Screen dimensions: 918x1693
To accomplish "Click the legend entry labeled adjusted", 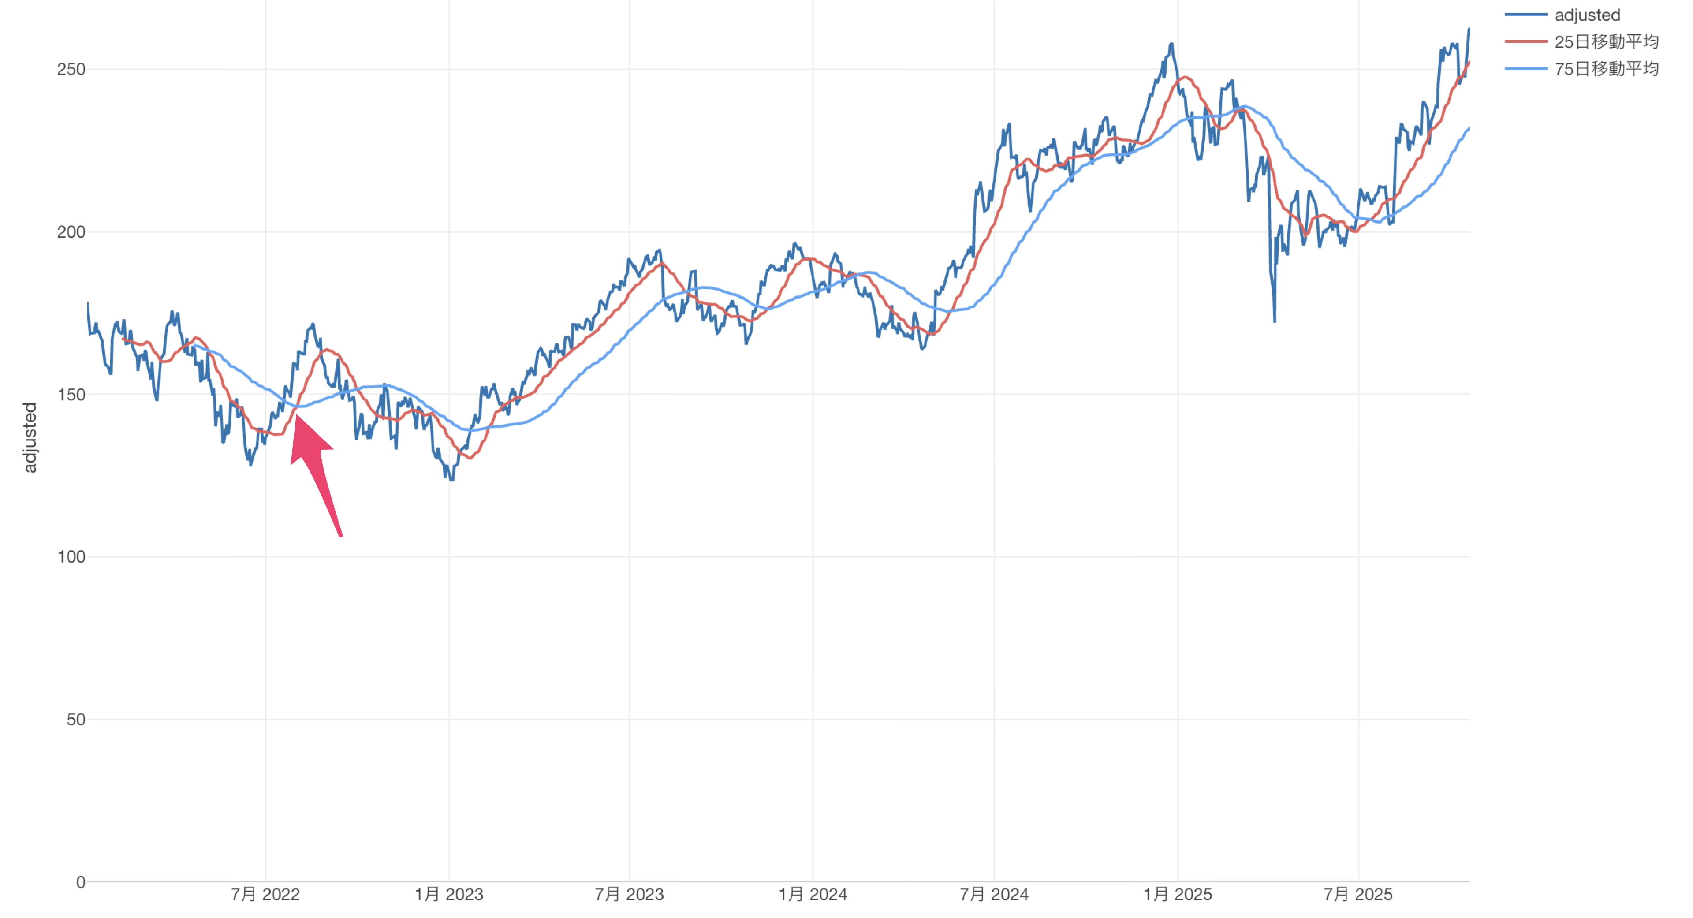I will point(1587,15).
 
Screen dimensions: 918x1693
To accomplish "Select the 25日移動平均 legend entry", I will point(1606,41).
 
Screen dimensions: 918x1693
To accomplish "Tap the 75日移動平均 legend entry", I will point(1606,68).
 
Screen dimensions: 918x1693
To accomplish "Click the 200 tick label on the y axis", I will point(71,232).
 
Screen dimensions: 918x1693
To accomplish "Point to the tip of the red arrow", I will point(296,415).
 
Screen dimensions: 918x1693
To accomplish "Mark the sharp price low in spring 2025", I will point(1274,321).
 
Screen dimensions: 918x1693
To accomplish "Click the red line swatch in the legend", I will point(1525,41).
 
